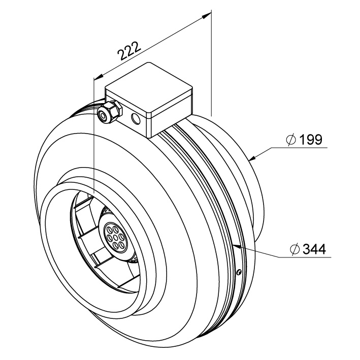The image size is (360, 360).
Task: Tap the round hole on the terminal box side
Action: pos(136,119)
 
